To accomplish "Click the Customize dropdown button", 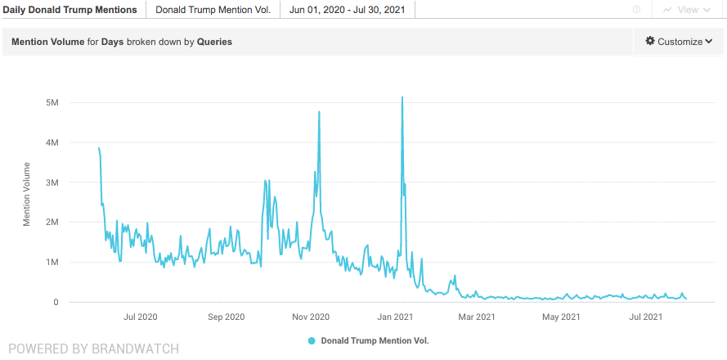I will coord(679,42).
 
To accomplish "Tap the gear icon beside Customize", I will coord(650,42).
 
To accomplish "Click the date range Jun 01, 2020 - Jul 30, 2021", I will coord(347,10).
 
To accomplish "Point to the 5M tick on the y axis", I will coord(52,102).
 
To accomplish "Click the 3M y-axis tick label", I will coord(52,182).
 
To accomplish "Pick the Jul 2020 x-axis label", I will coord(141,317).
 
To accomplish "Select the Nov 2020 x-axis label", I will coord(310,317).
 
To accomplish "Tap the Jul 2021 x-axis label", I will coord(645,317).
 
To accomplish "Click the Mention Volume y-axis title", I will coord(27,194).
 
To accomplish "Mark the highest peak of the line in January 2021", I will coord(402,98).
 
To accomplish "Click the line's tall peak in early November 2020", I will coord(319,112).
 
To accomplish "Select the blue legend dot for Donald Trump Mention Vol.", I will coord(312,340).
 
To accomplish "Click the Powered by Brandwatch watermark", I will coord(93,349).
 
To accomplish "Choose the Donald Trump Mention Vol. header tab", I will coord(213,10).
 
